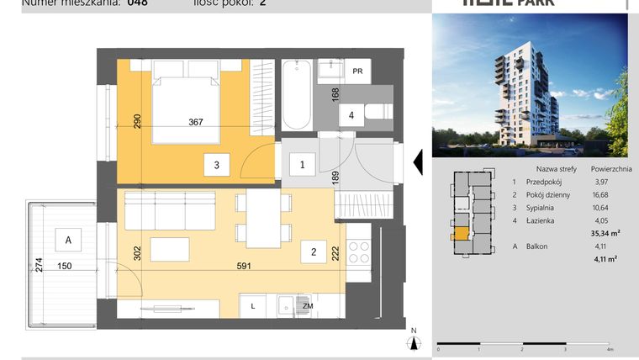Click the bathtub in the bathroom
click(x=295, y=94)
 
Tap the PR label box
click(x=358, y=71)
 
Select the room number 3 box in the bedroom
click(x=216, y=166)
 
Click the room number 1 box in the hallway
click(x=303, y=166)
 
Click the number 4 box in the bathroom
click(x=351, y=114)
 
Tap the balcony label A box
click(x=68, y=241)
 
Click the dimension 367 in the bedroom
click(x=196, y=123)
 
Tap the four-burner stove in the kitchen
click(x=359, y=253)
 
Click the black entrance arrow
click(x=415, y=161)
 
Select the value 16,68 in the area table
click(x=601, y=193)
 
